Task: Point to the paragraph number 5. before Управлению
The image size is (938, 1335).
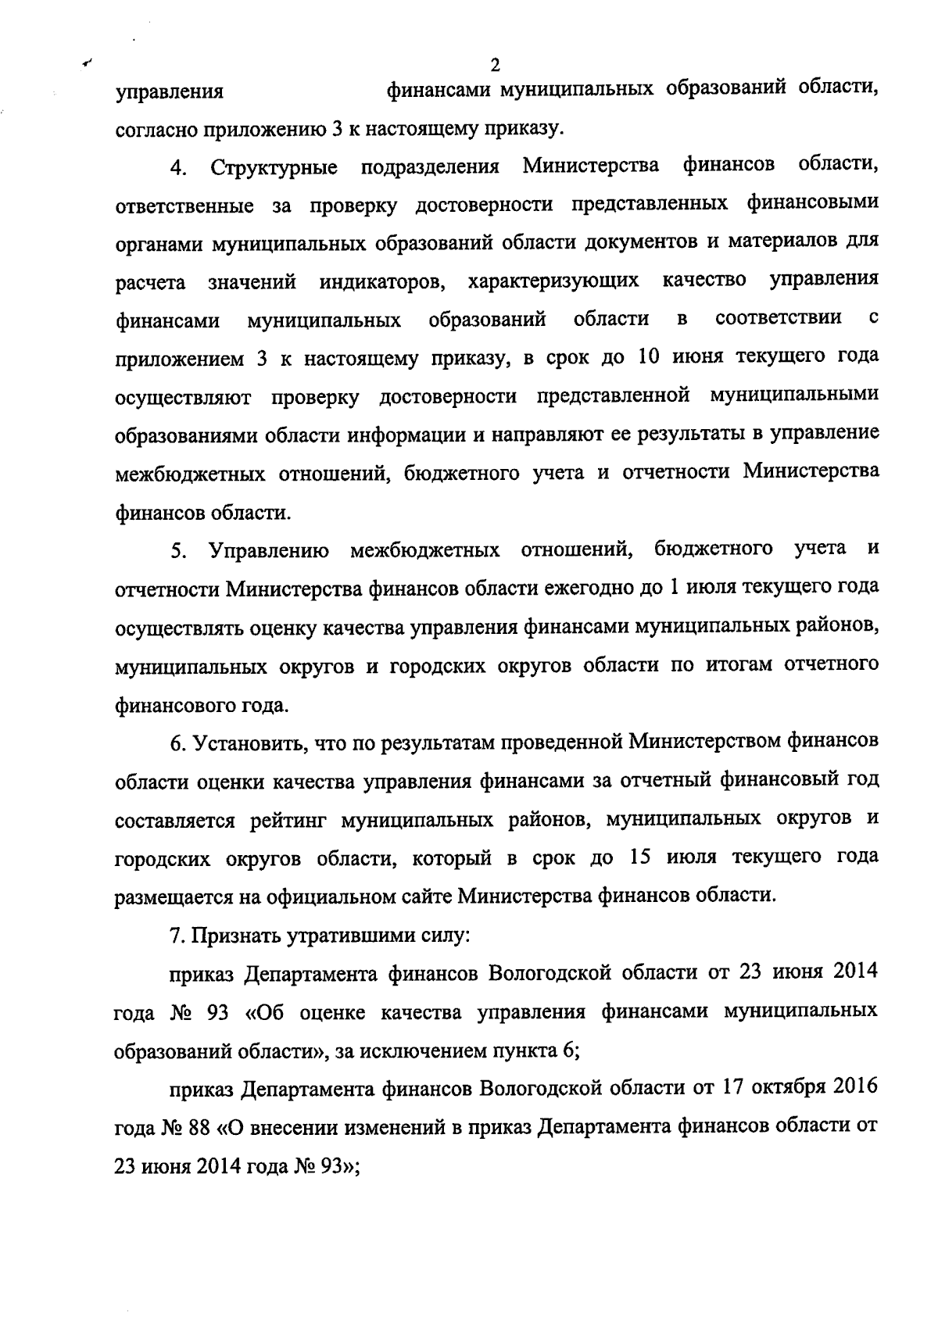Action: [178, 551]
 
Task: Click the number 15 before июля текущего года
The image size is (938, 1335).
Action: [640, 857]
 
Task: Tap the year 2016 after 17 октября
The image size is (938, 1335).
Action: [850, 1088]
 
